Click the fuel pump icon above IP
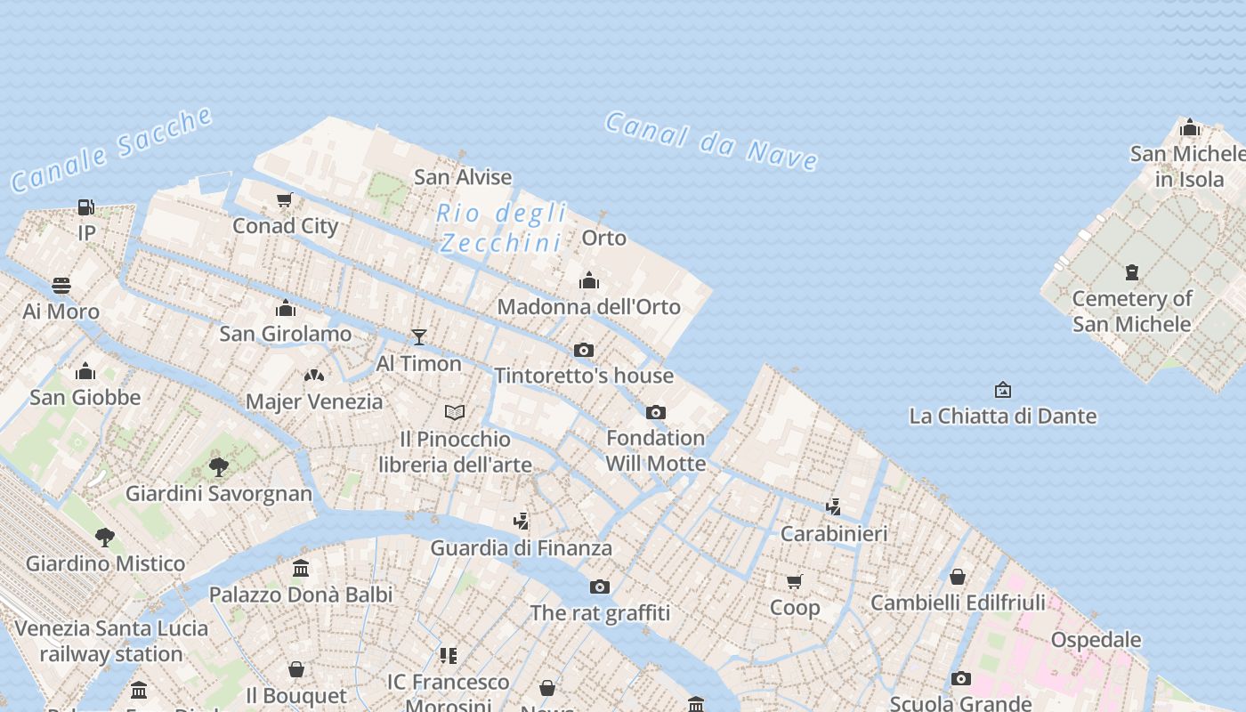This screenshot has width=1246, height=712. [86, 207]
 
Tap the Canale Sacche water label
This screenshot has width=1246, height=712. [112, 150]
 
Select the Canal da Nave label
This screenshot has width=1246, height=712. [711, 141]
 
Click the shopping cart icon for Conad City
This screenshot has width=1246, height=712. [284, 200]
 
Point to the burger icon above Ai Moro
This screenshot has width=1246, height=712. [61, 286]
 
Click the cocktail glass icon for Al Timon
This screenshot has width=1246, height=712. [419, 337]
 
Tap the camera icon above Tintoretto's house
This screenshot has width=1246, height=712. [584, 350]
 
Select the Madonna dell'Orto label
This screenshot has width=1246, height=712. [588, 307]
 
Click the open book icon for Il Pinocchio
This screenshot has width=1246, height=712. [455, 412]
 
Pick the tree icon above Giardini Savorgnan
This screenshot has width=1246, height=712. [218, 466]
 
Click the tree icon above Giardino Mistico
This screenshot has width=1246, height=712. [105, 537]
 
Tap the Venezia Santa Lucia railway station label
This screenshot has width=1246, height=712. [111, 641]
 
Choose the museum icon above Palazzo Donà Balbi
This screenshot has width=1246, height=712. [301, 568]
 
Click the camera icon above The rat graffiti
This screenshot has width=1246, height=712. [600, 587]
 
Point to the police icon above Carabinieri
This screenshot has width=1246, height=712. [834, 507]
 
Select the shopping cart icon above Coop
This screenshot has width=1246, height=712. [795, 581]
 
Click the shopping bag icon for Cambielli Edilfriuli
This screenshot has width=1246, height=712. [958, 577]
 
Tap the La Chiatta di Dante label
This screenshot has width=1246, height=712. [1002, 416]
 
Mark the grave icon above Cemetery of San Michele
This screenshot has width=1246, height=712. [1131, 271]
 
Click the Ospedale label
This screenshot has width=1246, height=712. [1096, 640]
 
